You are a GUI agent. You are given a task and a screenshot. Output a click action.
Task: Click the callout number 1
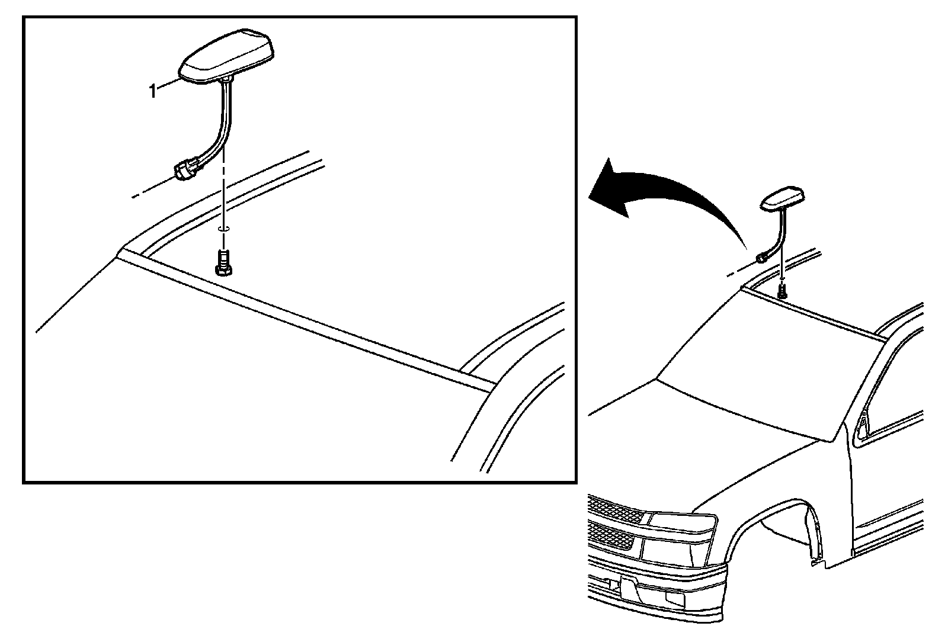(153, 92)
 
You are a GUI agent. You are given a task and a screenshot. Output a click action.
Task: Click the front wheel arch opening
(776, 533)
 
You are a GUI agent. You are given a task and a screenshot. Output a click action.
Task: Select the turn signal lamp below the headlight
(670, 551)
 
